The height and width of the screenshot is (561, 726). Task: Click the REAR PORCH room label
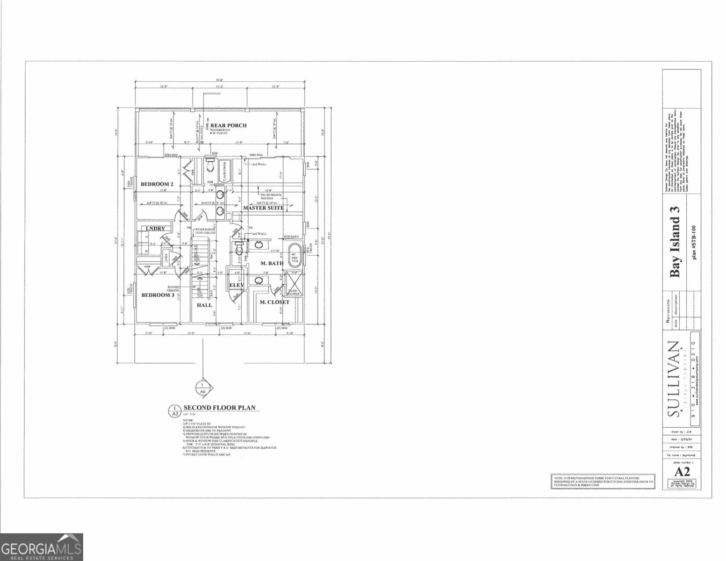pyautogui.click(x=228, y=125)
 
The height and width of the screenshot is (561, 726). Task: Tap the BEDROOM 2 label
pyautogui.click(x=157, y=185)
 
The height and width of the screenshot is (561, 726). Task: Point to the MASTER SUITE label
pyautogui.click(x=263, y=208)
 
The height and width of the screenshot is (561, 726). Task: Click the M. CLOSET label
pyautogui.click(x=274, y=302)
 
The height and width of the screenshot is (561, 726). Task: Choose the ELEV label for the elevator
pyautogui.click(x=235, y=286)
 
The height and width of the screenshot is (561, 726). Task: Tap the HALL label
pyautogui.click(x=204, y=305)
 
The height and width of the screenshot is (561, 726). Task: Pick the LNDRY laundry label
pyautogui.click(x=155, y=229)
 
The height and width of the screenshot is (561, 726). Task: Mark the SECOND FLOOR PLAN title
pyautogui.click(x=220, y=407)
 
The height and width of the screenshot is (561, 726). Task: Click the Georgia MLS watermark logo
pyautogui.click(x=42, y=547)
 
